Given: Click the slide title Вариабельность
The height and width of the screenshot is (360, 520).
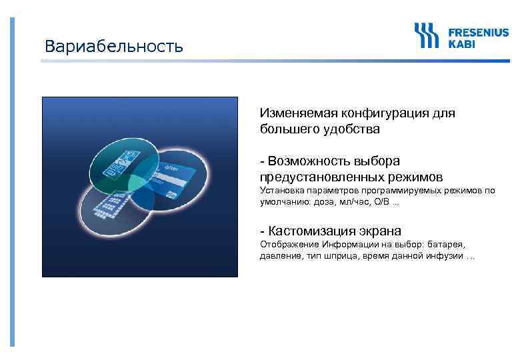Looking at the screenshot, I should click(113, 47).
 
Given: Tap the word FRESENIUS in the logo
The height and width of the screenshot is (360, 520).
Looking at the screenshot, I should click(477, 32).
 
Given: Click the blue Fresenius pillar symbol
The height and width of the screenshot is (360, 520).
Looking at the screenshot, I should click(427, 37).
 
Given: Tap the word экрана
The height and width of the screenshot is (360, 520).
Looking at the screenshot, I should click(379, 231).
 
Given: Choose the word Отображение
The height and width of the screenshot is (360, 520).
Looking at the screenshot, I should click(286, 245).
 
